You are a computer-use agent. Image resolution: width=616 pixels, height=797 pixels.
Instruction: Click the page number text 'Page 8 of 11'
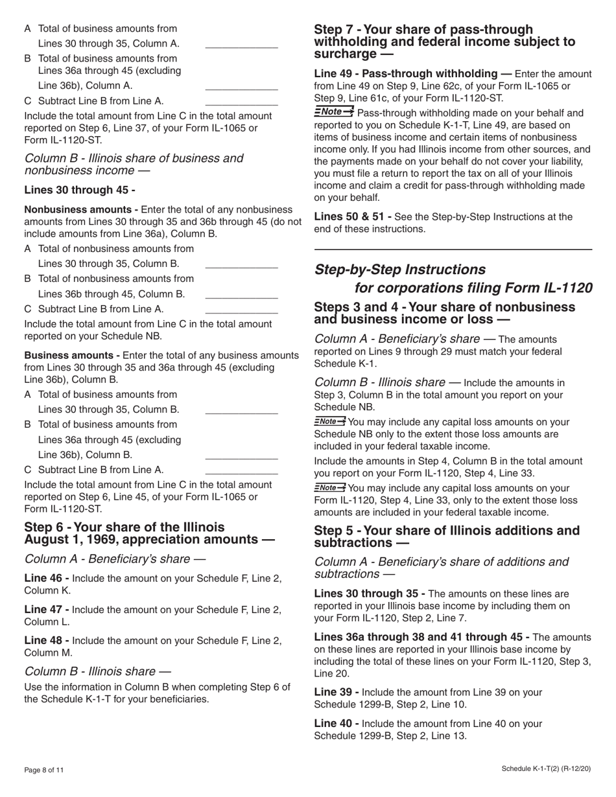click(x=44, y=770)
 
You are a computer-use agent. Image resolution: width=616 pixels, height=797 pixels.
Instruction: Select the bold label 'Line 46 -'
click(x=47, y=578)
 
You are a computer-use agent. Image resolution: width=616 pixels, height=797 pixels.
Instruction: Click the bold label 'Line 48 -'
click(x=47, y=640)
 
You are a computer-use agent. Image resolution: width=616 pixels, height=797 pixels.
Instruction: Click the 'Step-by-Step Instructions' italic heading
click(x=399, y=270)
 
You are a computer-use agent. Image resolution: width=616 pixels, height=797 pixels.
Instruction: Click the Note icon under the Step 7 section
click(x=334, y=113)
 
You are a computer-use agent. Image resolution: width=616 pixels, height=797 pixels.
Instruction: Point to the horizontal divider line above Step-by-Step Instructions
click(x=453, y=249)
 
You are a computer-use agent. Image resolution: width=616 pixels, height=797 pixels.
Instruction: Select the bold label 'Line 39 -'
click(x=337, y=692)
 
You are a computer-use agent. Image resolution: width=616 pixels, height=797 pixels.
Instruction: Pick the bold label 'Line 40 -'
click(x=337, y=723)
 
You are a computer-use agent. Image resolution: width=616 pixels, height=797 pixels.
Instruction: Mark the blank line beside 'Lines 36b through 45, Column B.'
click(x=241, y=297)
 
